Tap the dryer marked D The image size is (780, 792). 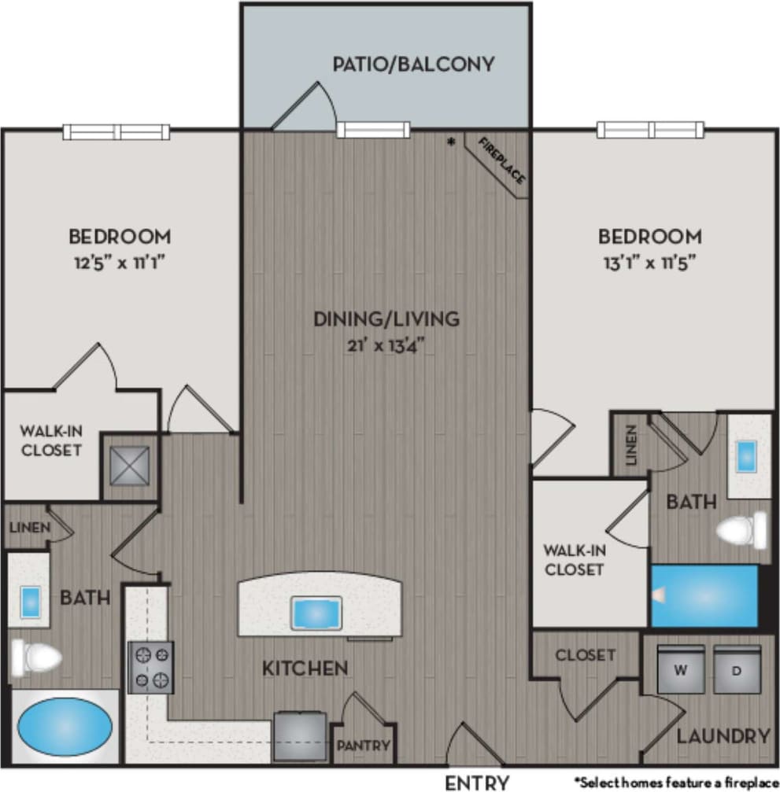[737, 669]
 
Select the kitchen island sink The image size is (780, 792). [316, 613]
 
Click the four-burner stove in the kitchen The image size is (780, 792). [150, 667]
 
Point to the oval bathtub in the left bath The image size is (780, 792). [65, 726]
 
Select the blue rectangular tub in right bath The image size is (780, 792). [704, 596]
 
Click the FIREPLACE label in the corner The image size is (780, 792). [501, 160]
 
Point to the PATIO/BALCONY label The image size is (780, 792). [413, 64]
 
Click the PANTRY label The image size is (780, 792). [364, 745]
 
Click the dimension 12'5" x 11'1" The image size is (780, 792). [120, 260]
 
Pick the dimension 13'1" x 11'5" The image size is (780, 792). [649, 260]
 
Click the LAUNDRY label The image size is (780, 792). [723, 736]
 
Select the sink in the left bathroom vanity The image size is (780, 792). [29, 601]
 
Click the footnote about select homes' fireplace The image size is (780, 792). [675, 782]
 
